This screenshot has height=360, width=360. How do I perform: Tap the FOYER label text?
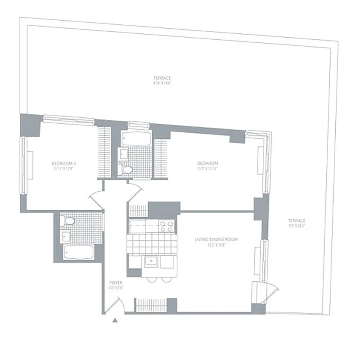point(116,283)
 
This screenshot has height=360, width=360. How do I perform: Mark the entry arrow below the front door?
point(115,321)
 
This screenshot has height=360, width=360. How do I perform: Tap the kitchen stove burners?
point(166,226)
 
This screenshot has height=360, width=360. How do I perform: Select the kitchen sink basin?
point(150,261)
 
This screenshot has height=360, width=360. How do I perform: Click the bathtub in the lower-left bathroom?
point(78,253)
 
